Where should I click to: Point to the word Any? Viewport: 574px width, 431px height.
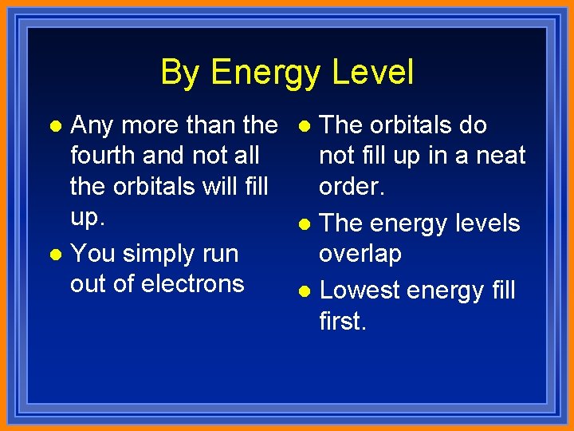click(92, 126)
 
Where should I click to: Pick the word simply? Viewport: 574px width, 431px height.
click(161, 255)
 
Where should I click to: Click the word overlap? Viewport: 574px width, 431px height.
click(360, 254)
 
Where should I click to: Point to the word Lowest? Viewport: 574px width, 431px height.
click(361, 290)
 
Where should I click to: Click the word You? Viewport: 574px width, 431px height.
click(92, 255)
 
